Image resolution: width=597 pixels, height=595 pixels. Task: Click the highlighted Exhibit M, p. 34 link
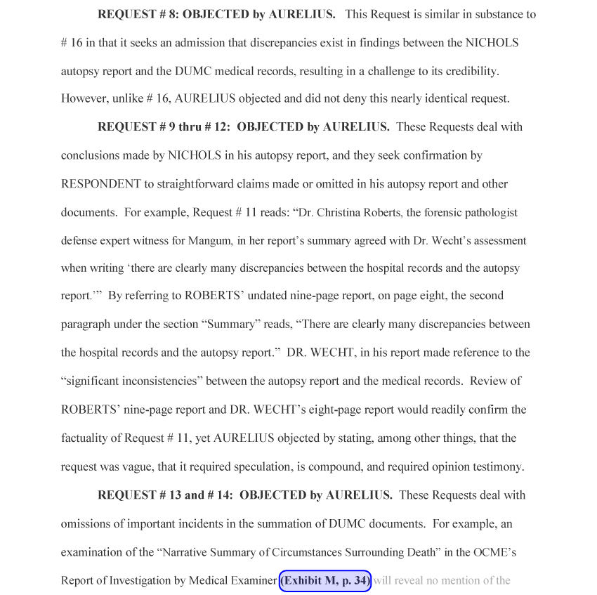(x=325, y=580)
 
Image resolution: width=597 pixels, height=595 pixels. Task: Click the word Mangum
(x=211, y=240)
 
